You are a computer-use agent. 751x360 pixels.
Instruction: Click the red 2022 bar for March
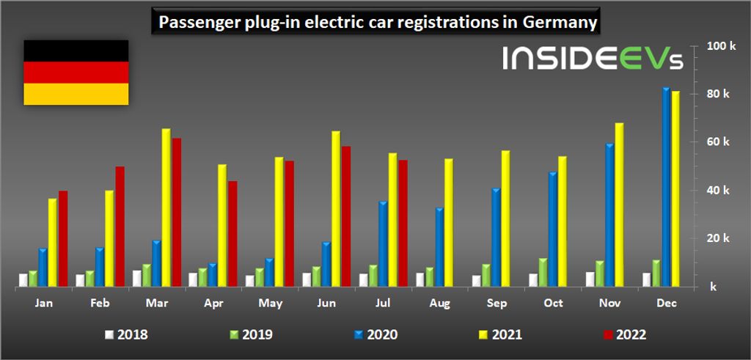click(x=176, y=213)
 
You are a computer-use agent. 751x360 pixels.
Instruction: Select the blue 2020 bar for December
click(x=666, y=187)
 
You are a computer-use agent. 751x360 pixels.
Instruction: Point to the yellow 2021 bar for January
click(x=53, y=242)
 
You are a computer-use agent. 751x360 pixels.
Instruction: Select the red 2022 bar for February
click(x=120, y=227)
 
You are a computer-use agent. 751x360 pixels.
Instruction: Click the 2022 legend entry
click(x=623, y=335)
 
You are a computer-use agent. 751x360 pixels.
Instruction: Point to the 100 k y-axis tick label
click(x=720, y=46)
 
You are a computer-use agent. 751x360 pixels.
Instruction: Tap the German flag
click(x=76, y=73)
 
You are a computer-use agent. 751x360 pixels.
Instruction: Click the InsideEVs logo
click(x=593, y=59)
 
